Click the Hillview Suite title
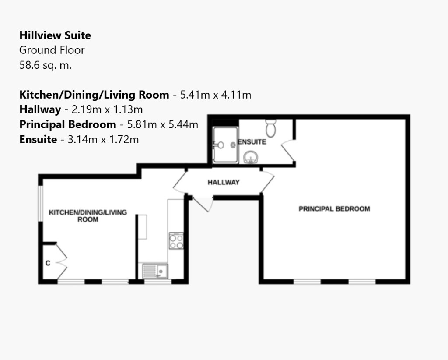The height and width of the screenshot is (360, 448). point(55,35)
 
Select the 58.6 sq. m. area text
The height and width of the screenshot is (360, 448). point(45,65)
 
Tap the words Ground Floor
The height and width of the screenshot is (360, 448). point(52,50)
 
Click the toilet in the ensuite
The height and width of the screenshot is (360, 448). point(270,128)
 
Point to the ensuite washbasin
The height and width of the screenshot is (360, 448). point(251,157)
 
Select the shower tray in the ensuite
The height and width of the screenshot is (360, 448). point(225,145)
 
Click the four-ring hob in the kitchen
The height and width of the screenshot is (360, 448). point(176,241)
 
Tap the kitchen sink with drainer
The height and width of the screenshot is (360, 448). point(155,271)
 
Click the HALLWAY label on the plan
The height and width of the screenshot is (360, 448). point(224,183)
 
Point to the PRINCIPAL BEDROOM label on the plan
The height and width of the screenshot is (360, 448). point(334,209)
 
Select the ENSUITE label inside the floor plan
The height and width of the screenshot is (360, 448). point(252,142)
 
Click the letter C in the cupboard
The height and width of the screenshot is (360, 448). point(48,263)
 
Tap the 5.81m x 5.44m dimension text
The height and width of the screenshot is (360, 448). point(163,125)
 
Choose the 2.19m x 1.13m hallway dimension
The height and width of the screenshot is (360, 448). point(107,109)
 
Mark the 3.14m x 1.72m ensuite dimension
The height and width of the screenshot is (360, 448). point(103,140)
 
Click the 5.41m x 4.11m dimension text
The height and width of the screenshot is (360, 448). point(216,95)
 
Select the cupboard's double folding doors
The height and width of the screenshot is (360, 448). point(62,261)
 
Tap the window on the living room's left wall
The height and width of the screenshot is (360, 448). point(41,203)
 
